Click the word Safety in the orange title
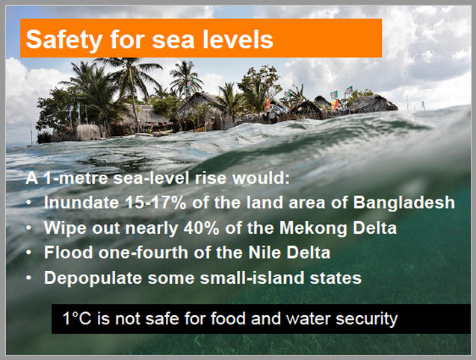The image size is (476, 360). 64,40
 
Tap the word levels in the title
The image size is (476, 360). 238,39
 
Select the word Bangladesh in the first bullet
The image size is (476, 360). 404,202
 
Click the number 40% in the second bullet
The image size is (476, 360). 201,228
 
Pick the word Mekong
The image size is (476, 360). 313,229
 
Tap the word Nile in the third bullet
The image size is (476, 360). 265,252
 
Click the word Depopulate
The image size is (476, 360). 93,279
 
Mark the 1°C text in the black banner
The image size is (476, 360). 77,318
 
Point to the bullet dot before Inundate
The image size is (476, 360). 29,202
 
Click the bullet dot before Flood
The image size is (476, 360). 29,252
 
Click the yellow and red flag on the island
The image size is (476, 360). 334,104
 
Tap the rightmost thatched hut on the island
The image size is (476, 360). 373,103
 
